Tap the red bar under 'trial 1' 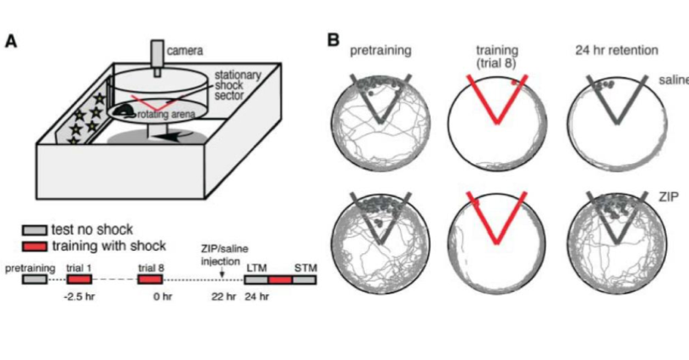point(78,279)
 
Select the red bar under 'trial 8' point(151,279)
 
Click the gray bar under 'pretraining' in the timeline point(33,279)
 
